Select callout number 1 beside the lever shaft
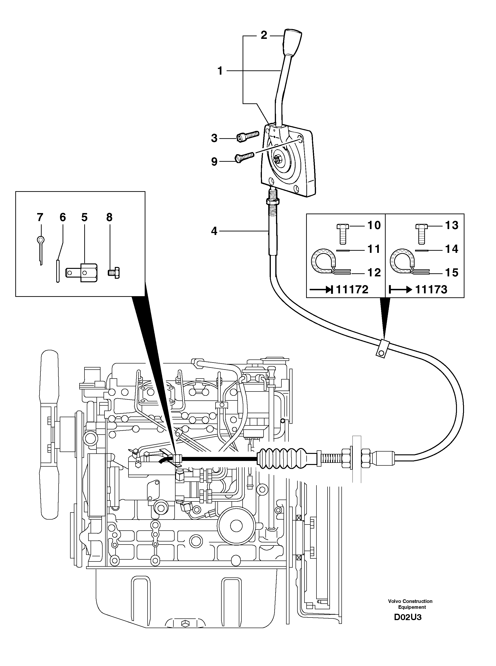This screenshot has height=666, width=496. coord(220,71)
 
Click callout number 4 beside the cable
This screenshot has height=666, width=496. coord(214,231)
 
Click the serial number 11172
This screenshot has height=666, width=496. coord(352,290)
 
